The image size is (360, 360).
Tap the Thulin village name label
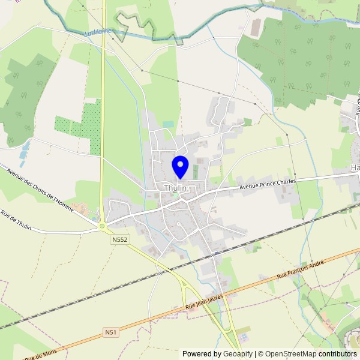click(176, 188)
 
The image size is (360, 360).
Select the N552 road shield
click(119, 239)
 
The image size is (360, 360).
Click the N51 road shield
click(110, 332)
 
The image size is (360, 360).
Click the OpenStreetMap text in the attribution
click(293, 354)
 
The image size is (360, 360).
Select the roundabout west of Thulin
click(102, 226)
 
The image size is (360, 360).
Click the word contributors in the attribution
click(337, 354)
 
